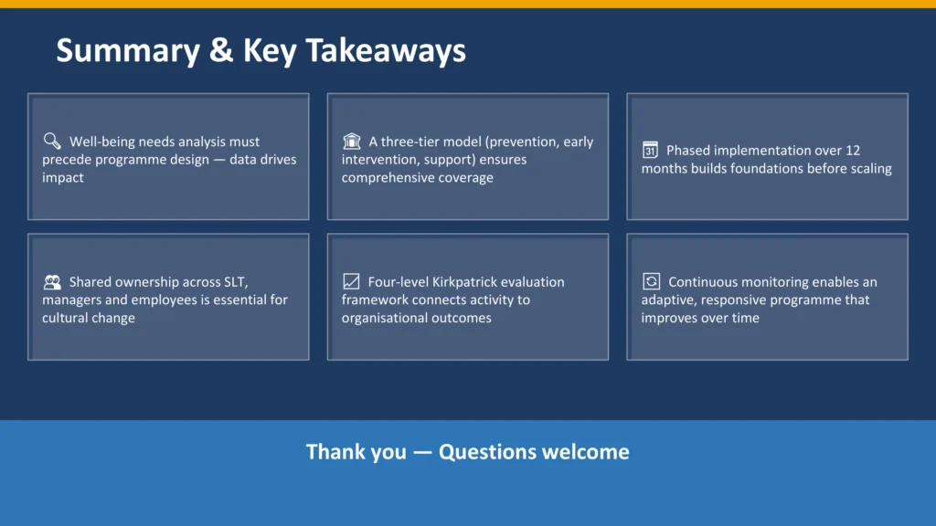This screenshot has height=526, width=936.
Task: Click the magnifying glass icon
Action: click(x=51, y=141)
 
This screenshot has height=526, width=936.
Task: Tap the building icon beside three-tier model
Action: click(x=351, y=141)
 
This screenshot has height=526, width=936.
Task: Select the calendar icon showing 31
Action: click(x=650, y=150)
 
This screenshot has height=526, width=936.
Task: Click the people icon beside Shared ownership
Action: click(x=52, y=281)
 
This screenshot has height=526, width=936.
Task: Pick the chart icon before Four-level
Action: click(x=351, y=281)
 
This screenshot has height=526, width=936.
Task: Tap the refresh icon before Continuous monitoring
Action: click(x=651, y=281)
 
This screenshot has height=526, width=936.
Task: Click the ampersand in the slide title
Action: click(x=220, y=50)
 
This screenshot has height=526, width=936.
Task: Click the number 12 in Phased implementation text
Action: click(x=852, y=150)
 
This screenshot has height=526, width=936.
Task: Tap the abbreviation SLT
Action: click(x=258, y=281)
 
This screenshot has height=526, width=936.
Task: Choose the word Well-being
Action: click(x=103, y=142)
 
